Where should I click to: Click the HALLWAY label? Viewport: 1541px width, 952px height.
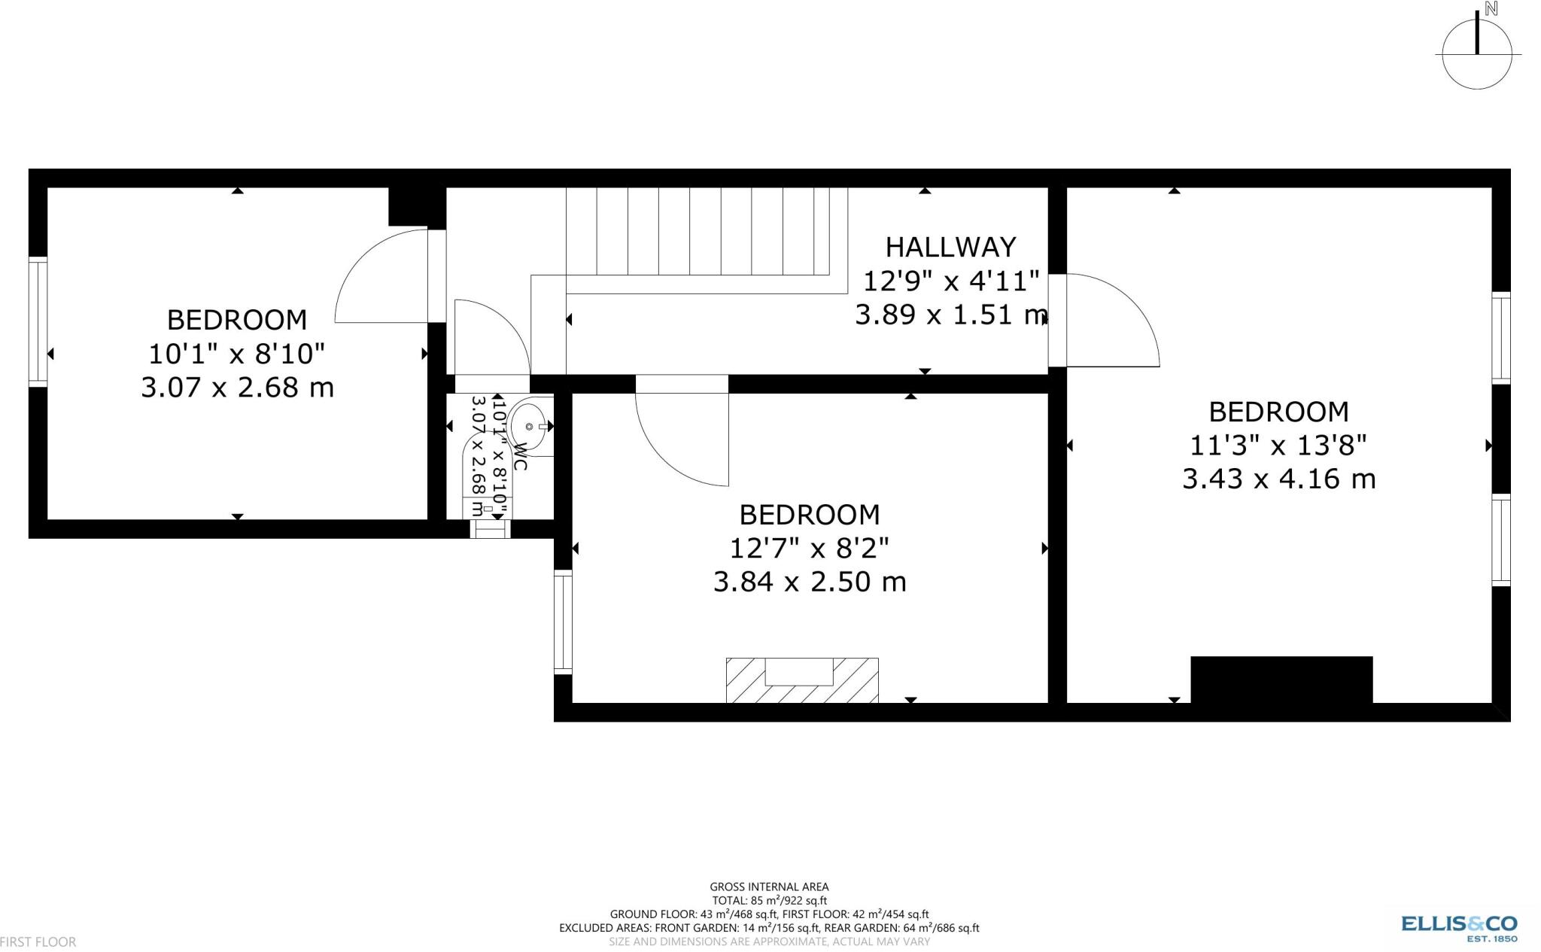[950, 247]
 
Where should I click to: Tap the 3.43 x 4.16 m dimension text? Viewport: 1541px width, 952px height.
[1278, 479]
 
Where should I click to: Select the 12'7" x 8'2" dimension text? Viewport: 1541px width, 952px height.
[810, 549]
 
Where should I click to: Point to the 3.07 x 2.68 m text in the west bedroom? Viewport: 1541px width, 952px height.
[237, 388]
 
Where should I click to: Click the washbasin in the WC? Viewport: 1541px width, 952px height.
[530, 427]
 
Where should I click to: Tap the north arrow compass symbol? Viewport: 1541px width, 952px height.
[1477, 54]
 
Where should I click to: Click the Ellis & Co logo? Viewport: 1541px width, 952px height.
[1459, 926]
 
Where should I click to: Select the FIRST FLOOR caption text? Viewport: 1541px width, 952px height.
[38, 941]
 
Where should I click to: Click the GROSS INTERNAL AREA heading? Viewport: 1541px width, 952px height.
[769, 887]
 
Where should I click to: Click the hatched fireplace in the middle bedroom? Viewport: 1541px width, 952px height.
[802, 680]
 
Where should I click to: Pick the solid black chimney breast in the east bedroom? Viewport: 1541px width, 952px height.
[1281, 680]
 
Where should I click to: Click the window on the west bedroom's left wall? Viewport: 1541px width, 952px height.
[38, 322]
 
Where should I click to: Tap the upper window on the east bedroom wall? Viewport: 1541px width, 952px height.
[1501, 338]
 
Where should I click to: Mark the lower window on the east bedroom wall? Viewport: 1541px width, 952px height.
[1501, 540]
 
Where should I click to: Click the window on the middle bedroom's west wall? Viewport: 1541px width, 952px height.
[563, 622]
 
